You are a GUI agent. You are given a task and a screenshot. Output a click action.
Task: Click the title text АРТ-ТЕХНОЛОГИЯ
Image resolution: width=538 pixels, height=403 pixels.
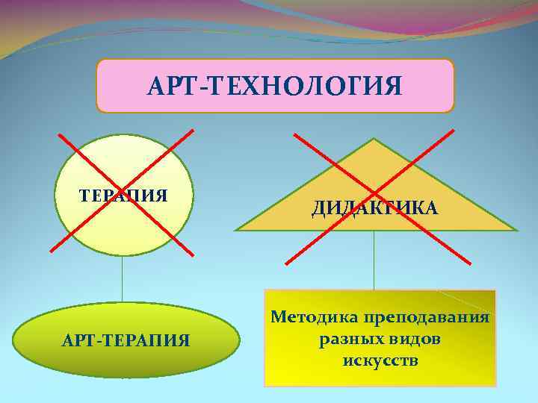pyautogui.click(x=275, y=85)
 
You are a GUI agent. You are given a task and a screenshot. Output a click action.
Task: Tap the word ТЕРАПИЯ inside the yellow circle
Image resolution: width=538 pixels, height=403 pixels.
pyautogui.click(x=123, y=196)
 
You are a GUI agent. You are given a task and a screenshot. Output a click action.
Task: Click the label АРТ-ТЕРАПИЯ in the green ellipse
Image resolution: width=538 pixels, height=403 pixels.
pyautogui.click(x=126, y=340)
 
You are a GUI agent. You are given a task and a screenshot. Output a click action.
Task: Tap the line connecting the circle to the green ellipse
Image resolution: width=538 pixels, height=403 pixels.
pyautogui.click(x=123, y=279)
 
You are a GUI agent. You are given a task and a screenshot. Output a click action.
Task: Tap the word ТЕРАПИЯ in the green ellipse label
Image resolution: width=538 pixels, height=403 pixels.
pyautogui.click(x=149, y=340)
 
